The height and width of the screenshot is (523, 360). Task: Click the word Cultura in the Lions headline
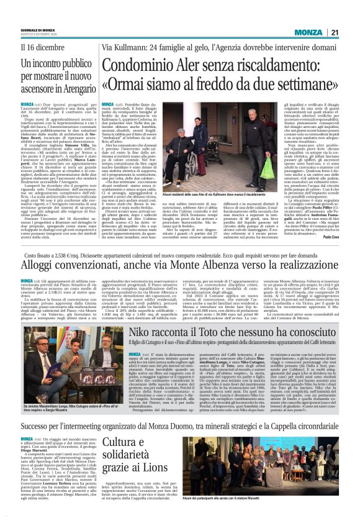(118, 442)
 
